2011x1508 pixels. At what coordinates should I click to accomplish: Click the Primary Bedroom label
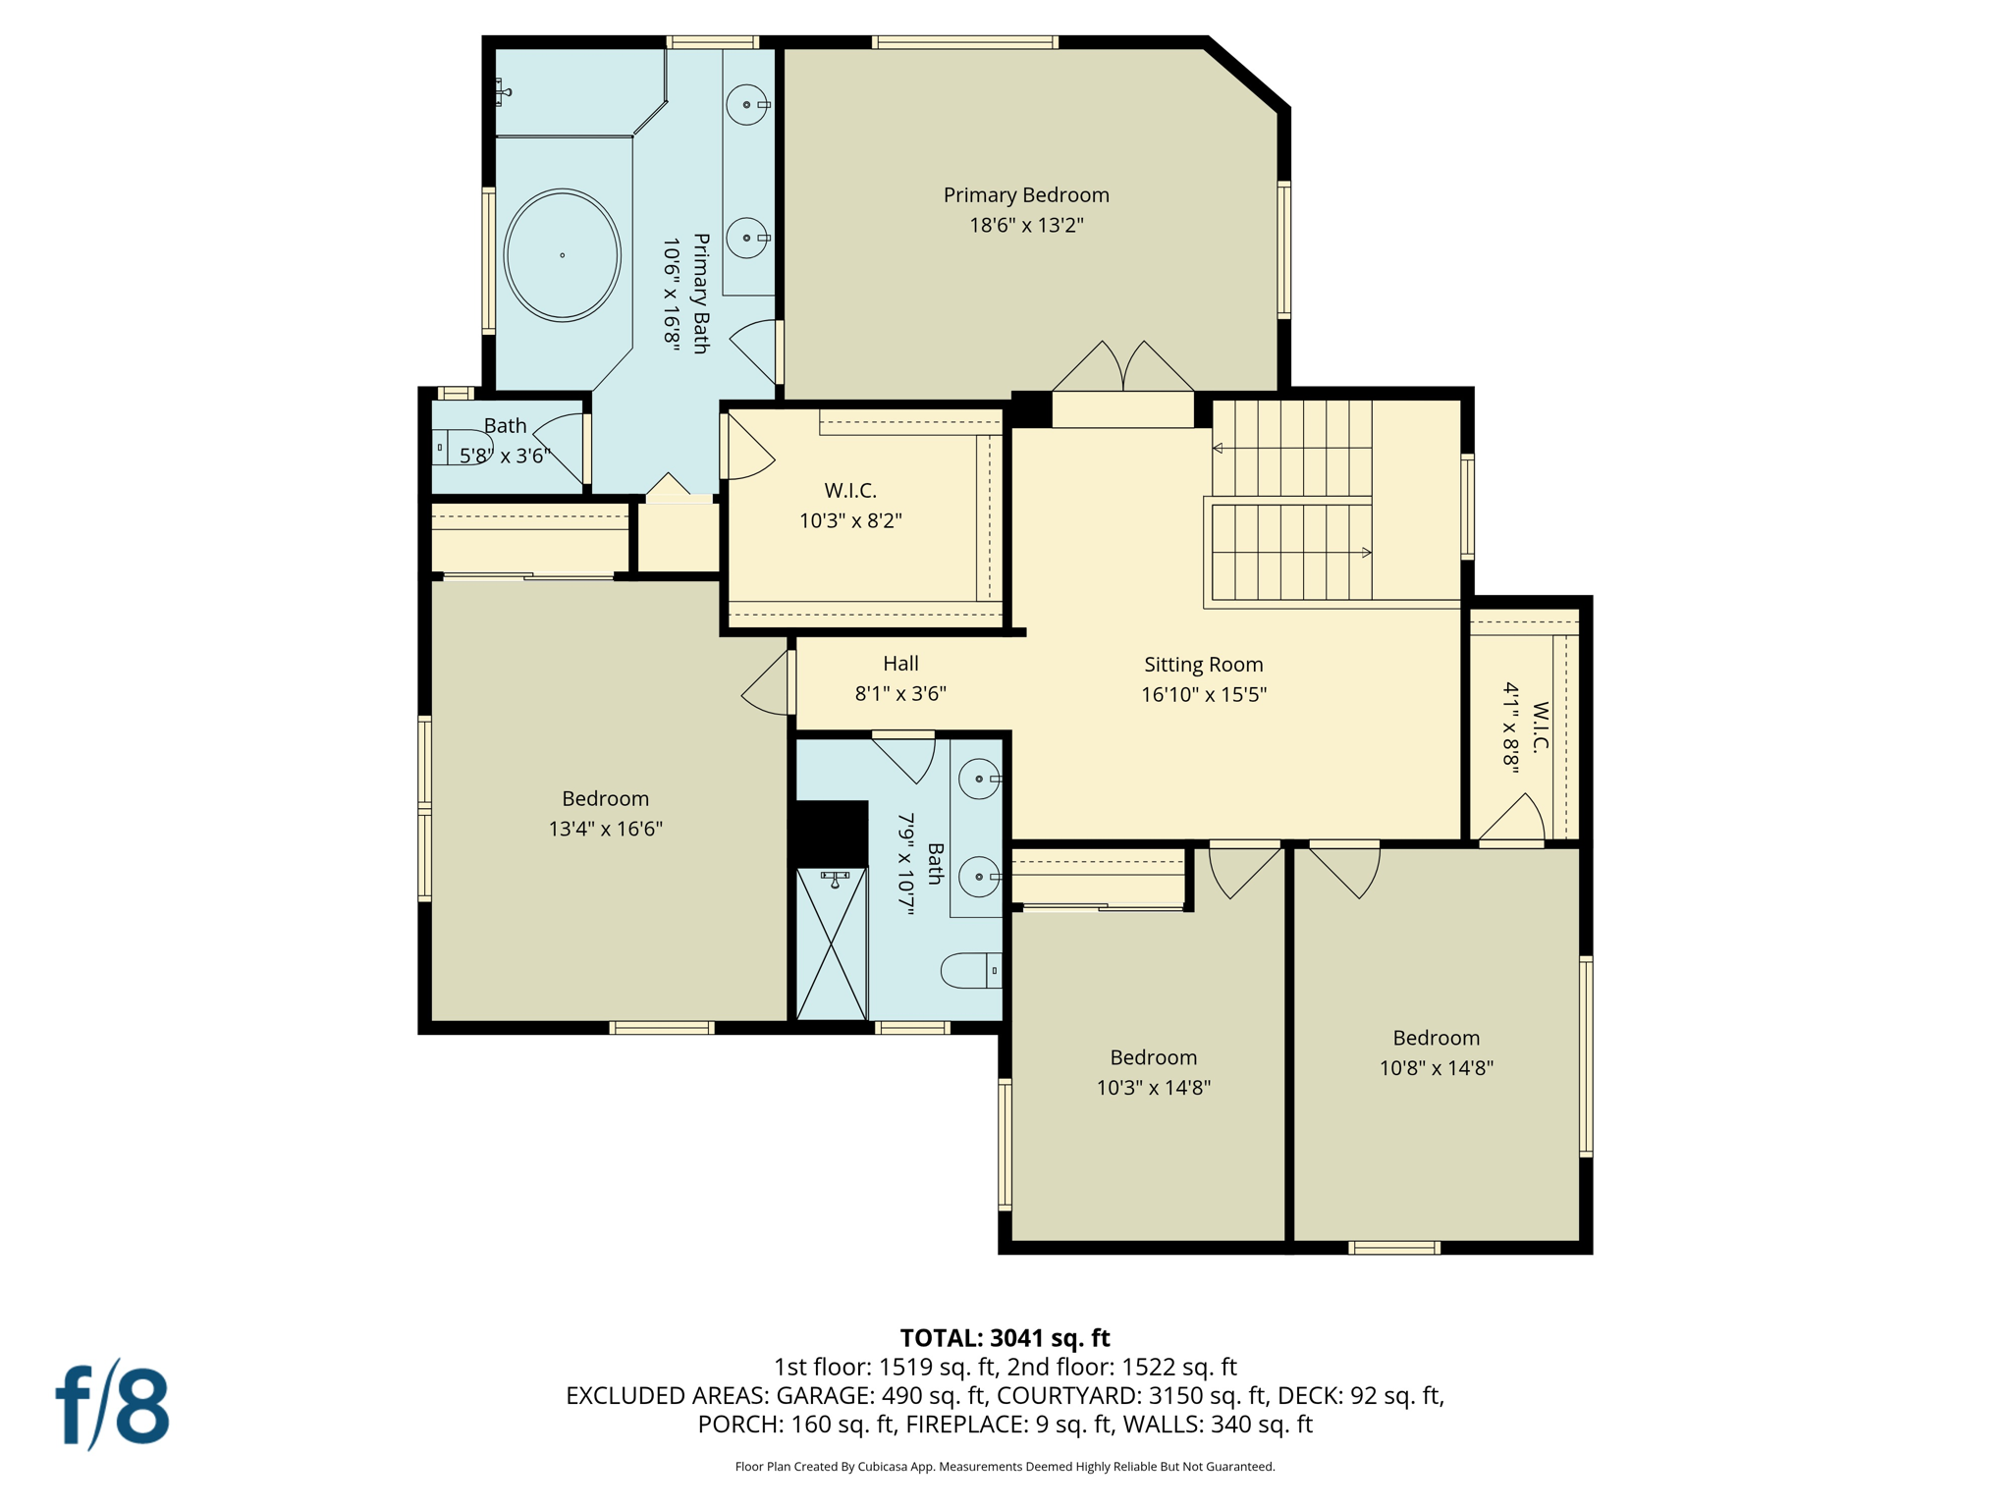click(x=1026, y=195)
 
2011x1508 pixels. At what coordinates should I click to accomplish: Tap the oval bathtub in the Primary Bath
click(x=562, y=255)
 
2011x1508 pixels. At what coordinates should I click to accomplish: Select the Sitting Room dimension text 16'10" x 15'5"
click(x=1203, y=695)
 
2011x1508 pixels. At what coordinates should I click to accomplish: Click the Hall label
click(x=900, y=664)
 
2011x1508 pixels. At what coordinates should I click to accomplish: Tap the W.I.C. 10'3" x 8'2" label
click(x=850, y=491)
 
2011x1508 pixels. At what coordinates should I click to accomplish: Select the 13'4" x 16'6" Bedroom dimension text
click(x=605, y=829)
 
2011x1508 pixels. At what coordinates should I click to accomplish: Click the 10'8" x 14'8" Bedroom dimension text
click(x=1436, y=1068)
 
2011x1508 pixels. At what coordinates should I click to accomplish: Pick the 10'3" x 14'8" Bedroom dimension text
click(x=1153, y=1088)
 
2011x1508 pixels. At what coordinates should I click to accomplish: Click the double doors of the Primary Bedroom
click(x=1123, y=369)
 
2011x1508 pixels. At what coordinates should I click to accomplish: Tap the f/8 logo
click(x=112, y=1405)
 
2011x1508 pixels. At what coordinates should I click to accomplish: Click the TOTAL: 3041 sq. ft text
click(x=1005, y=1338)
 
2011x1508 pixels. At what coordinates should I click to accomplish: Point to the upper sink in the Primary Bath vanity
click(x=747, y=104)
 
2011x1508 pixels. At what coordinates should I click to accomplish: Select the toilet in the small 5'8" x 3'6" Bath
click(x=462, y=447)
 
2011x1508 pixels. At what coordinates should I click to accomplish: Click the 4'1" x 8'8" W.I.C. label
click(x=1525, y=727)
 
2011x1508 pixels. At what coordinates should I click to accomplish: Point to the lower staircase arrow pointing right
click(x=1366, y=553)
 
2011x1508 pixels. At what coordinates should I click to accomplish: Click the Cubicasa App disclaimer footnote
click(x=1005, y=1467)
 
